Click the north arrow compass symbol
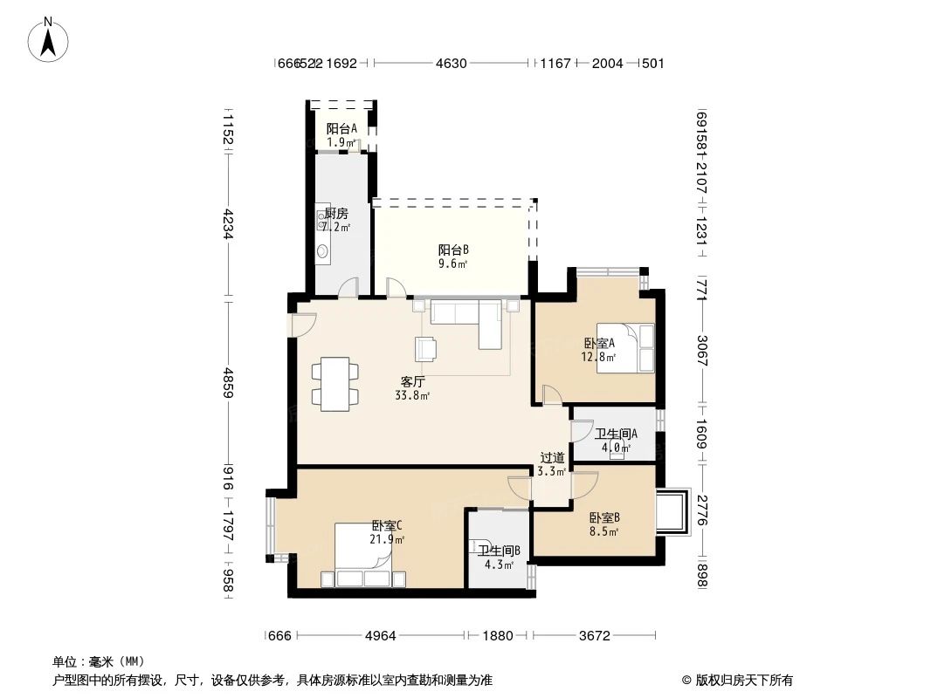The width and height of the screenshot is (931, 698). pyautogui.click(x=49, y=39)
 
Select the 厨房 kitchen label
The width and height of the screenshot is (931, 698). pyautogui.click(x=336, y=219)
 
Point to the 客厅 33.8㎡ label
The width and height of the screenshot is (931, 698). pyautogui.click(x=413, y=388)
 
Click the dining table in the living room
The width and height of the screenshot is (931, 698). pyautogui.click(x=334, y=383)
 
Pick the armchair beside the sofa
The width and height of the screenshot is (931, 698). pyautogui.click(x=428, y=348)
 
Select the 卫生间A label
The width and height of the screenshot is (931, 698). pyautogui.click(x=616, y=441)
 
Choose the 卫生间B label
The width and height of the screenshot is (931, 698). pyautogui.click(x=499, y=557)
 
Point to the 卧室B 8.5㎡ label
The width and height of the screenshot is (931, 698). pyautogui.click(x=604, y=523)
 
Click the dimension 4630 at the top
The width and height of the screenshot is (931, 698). pyautogui.click(x=452, y=63)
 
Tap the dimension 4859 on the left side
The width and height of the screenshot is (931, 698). pyautogui.click(x=228, y=382)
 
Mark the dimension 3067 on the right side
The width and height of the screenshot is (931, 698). pyautogui.click(x=701, y=347)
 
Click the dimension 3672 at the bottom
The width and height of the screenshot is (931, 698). pyautogui.click(x=593, y=636)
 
